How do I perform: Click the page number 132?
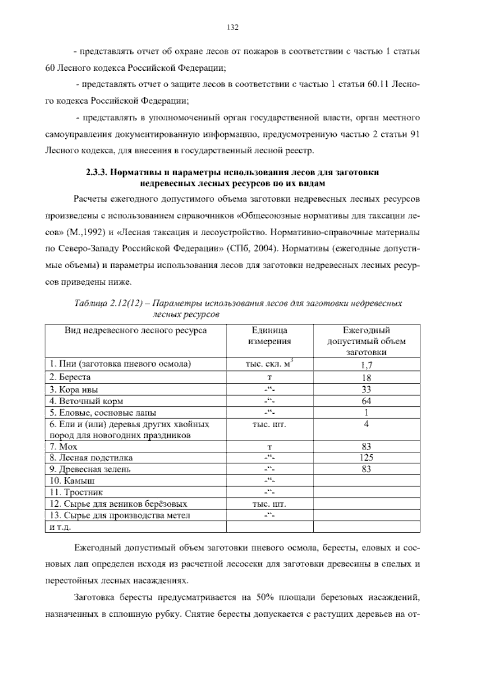(x=232, y=27)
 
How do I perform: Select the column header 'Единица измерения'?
(x=270, y=336)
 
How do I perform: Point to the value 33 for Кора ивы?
(x=366, y=389)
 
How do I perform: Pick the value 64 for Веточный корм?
(x=366, y=401)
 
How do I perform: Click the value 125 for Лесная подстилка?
(x=366, y=457)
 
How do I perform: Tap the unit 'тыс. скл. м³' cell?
(x=270, y=364)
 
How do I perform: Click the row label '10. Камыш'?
(x=72, y=481)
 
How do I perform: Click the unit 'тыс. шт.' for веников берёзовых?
(x=270, y=504)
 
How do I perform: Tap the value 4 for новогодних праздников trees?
(x=366, y=424)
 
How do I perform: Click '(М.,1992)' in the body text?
(x=85, y=232)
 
